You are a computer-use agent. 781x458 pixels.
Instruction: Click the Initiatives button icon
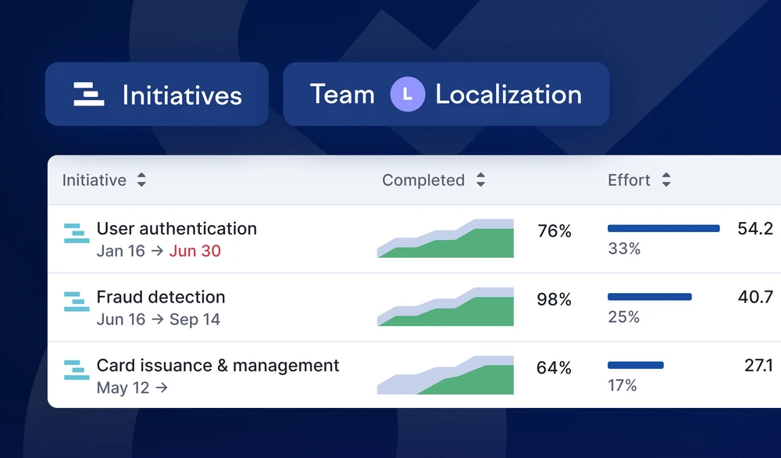(89, 95)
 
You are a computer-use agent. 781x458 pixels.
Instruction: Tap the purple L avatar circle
(408, 95)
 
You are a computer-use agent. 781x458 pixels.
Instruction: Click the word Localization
(508, 95)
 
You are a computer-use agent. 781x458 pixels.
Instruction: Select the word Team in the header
(342, 95)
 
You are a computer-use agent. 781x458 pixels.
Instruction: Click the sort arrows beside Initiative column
(141, 180)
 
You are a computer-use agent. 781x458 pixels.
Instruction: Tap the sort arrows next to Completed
(480, 180)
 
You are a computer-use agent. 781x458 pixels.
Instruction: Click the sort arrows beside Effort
(666, 180)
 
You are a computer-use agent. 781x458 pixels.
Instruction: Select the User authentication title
(177, 229)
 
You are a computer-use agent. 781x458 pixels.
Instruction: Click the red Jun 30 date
(194, 251)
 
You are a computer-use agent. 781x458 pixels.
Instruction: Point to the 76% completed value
(555, 231)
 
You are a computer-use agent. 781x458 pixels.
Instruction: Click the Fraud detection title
(161, 297)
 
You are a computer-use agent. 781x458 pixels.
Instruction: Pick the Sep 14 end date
(194, 320)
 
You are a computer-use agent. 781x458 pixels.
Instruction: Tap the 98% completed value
(555, 299)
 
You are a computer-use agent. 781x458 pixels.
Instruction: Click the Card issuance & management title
(218, 365)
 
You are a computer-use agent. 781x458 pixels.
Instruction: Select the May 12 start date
(123, 388)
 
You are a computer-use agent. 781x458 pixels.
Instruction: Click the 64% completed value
(554, 368)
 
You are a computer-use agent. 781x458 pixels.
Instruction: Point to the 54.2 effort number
(755, 229)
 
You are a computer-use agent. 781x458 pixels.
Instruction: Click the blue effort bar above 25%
(650, 297)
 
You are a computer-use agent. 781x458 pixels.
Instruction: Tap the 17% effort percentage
(622, 385)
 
